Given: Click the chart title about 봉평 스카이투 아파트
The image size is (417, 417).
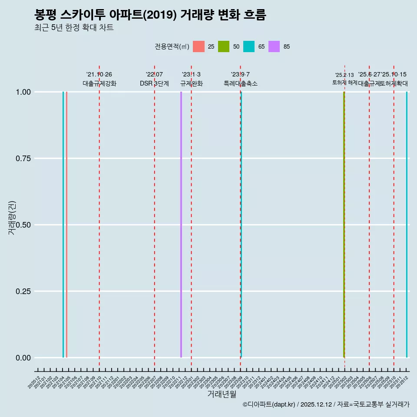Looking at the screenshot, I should [150, 15].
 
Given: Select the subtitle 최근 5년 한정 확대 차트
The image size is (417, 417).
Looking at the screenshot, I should [74, 28].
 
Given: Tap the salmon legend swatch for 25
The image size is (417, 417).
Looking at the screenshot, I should [199, 46].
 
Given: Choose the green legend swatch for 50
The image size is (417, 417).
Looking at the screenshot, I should [224, 46].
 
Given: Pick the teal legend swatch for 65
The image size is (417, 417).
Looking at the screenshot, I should [249, 46].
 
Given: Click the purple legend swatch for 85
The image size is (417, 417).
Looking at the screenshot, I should [274, 46].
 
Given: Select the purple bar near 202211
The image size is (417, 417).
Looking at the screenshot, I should [181, 225].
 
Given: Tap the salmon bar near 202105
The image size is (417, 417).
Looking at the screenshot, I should [66, 225].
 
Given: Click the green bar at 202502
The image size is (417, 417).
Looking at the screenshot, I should [344, 225].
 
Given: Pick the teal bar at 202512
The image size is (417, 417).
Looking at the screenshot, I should [407, 225].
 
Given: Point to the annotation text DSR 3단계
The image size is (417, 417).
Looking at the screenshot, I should [154, 83].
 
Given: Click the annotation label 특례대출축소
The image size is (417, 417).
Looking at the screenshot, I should [240, 83].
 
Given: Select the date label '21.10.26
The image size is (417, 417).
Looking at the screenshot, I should [99, 75].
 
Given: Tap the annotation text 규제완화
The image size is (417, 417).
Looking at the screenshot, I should [191, 83].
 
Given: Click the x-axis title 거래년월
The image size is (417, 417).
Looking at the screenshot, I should [222, 394].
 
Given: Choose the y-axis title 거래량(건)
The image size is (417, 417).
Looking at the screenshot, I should [12, 218].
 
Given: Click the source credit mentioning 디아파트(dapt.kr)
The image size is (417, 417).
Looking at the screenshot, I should [326, 405].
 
